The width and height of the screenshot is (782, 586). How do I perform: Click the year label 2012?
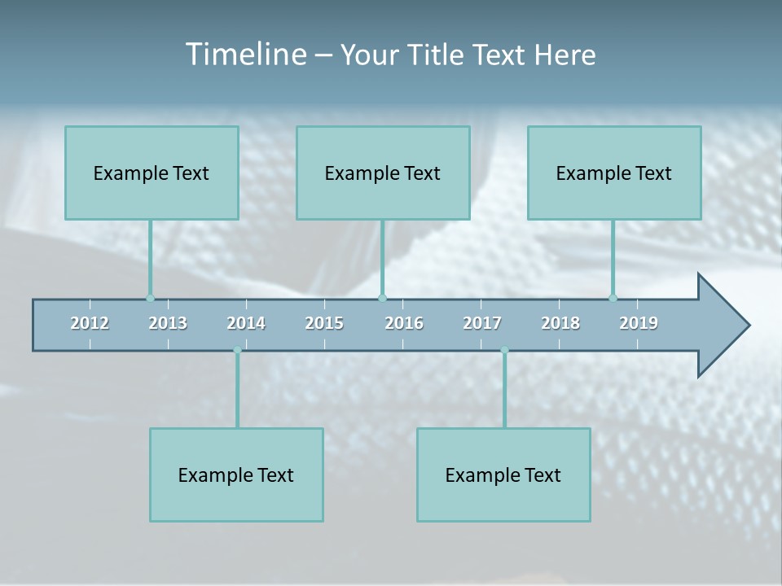tap(90, 323)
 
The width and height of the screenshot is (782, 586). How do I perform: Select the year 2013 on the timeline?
tap(168, 323)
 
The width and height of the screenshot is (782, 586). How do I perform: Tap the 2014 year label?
tap(246, 323)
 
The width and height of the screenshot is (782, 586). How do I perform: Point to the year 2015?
tap(324, 323)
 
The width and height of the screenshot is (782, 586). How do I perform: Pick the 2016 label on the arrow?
tap(404, 323)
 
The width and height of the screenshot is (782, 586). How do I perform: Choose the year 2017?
tap(482, 323)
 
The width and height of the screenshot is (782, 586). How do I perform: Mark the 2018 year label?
tap(560, 323)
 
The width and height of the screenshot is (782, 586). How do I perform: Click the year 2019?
tap(639, 323)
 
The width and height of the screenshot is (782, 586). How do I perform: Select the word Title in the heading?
tap(436, 55)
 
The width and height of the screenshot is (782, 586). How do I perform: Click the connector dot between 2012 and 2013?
tap(150, 298)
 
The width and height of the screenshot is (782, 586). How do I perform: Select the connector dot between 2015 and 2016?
tap(383, 298)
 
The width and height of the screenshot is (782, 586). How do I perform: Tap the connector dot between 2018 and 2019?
tap(613, 298)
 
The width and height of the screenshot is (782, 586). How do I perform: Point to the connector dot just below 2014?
tap(237, 351)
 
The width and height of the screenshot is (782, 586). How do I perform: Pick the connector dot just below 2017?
tap(504, 351)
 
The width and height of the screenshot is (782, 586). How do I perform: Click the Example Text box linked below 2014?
tap(236, 474)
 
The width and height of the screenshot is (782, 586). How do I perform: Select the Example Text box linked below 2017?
tap(503, 474)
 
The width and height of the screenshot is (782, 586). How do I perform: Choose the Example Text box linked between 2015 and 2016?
tap(383, 173)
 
